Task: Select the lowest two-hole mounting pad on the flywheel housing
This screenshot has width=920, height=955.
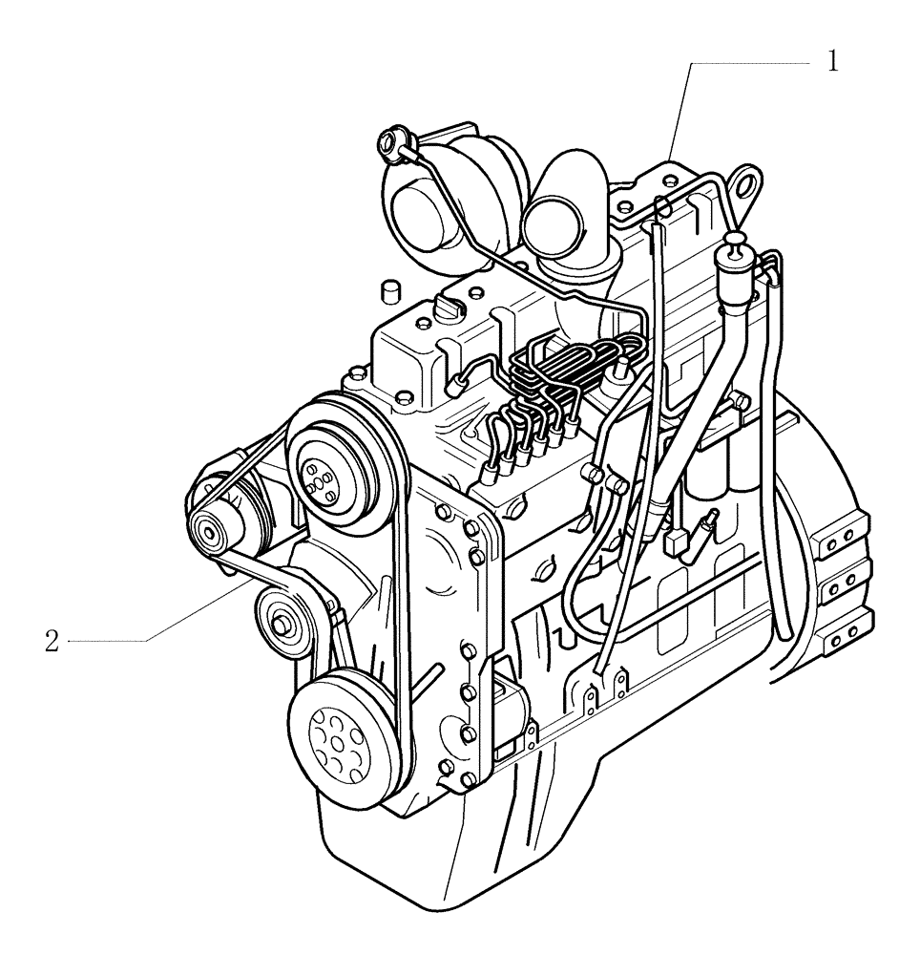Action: [x=841, y=638]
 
